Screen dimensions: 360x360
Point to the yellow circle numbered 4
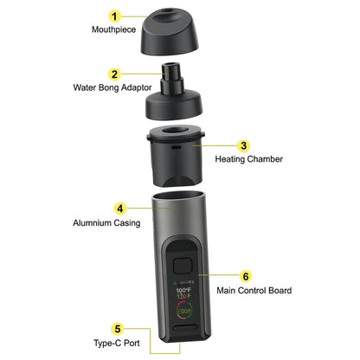[x=120, y=209]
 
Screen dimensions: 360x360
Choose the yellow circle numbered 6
[x=246, y=277]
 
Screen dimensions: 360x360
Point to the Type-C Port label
[x=116, y=343]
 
